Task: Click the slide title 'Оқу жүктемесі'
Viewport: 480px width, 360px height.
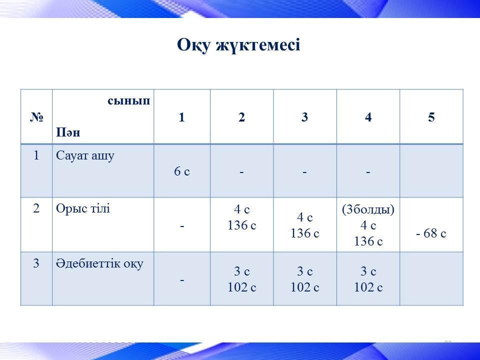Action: [238, 45]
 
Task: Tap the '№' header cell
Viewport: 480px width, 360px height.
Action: [36, 116]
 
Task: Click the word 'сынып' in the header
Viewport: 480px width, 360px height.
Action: [129, 101]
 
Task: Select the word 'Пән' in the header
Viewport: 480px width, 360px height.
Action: [68, 132]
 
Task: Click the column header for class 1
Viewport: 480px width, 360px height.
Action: [182, 117]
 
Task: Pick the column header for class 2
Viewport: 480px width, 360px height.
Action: [242, 117]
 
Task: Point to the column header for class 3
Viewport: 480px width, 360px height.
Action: [304, 117]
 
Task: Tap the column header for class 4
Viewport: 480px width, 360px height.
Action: [368, 117]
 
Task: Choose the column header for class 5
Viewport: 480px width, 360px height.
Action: [431, 117]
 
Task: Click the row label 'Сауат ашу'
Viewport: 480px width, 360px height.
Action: [85, 156]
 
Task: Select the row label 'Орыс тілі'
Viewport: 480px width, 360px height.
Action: [82, 208]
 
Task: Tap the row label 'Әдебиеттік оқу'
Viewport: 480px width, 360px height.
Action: [99, 263]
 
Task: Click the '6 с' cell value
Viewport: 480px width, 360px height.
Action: [182, 171]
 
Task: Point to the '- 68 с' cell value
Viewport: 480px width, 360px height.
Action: [431, 233]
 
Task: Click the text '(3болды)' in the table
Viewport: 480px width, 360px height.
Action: [368, 209]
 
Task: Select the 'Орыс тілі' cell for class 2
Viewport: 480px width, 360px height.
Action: [242, 217]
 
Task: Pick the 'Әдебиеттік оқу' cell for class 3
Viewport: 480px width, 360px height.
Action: [305, 279]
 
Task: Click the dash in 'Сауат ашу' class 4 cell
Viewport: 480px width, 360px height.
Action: [368, 172]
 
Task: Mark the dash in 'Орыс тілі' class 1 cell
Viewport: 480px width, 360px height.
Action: [182, 226]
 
